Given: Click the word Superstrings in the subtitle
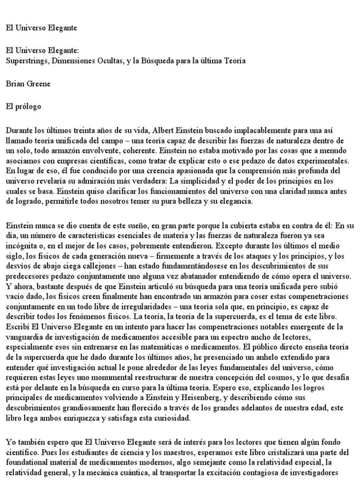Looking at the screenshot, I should point(26,62).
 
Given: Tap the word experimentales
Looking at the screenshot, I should point(325,160).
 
